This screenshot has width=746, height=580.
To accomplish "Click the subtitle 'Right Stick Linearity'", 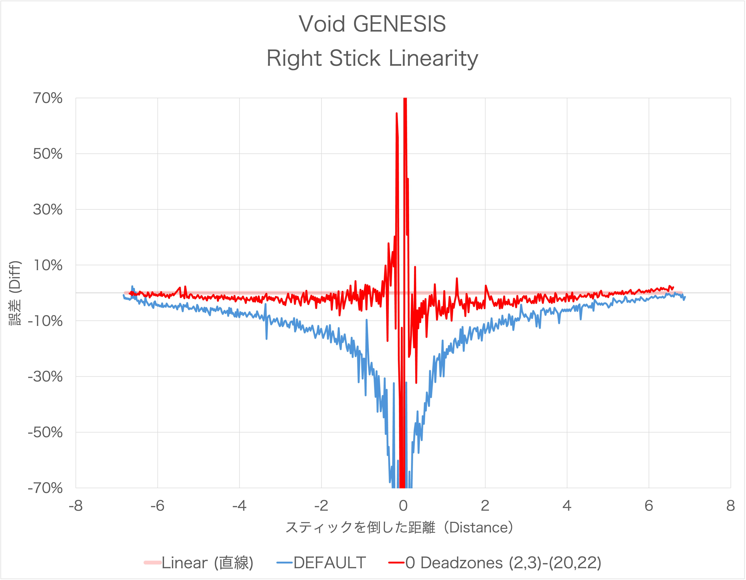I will pos(372,58).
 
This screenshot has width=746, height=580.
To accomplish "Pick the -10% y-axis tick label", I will pos(45,321).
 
